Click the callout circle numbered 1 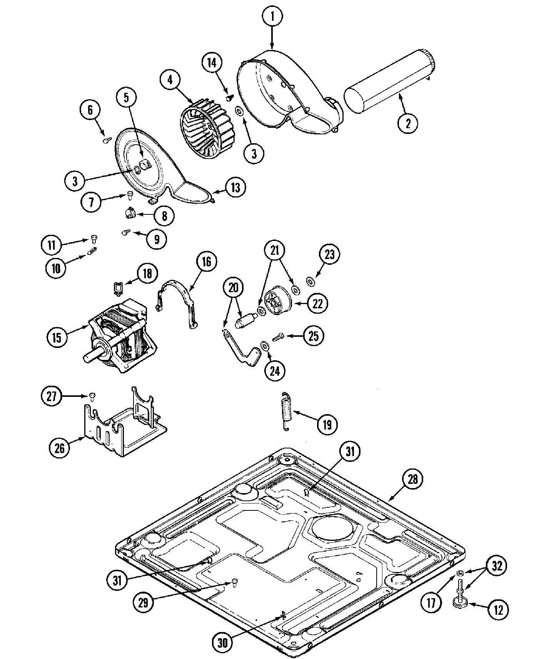click(272, 16)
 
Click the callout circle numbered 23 click(330, 254)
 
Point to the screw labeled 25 click(278, 337)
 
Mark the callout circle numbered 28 click(412, 479)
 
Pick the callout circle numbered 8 click(164, 216)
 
